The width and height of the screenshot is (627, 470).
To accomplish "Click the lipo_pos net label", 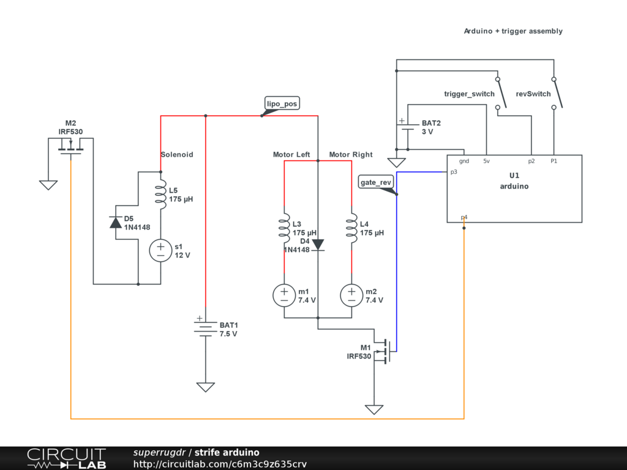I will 282,104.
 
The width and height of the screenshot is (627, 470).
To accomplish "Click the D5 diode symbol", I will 116,222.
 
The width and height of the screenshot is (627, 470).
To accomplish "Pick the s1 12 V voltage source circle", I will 160,250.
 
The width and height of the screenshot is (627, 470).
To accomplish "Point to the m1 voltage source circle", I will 284,296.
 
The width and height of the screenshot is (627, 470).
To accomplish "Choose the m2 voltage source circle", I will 351,296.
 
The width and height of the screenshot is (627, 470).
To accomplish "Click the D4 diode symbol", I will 318,245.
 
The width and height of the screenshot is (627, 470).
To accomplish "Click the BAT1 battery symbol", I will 206,329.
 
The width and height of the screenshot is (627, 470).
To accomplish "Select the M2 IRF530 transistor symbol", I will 71,147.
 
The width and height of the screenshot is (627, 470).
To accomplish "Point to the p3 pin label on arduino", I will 454,172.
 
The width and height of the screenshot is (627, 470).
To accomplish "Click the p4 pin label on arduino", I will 464,217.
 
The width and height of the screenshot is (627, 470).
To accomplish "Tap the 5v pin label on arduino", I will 486,161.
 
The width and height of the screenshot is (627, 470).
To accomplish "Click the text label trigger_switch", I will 469,94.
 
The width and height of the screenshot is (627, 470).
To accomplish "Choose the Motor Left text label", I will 291,155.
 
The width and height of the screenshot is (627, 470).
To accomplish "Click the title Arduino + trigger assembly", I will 512,31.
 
